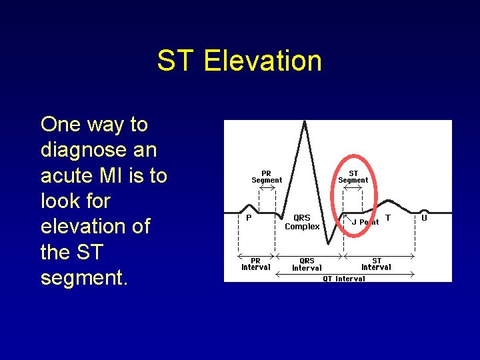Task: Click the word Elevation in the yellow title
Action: click(263, 61)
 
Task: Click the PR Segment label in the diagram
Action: click(267, 177)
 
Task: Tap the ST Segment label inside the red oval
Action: click(353, 177)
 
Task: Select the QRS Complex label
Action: click(302, 222)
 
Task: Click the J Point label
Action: click(365, 222)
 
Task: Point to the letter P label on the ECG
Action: click(249, 217)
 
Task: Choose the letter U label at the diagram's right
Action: click(424, 217)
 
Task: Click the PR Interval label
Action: click(255, 264)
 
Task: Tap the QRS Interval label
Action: click(307, 264)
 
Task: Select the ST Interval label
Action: click(376, 264)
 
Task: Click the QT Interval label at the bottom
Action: click(344, 279)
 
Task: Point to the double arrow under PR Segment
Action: click(267, 187)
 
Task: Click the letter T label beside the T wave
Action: click(388, 217)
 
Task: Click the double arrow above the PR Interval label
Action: click(257, 255)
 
